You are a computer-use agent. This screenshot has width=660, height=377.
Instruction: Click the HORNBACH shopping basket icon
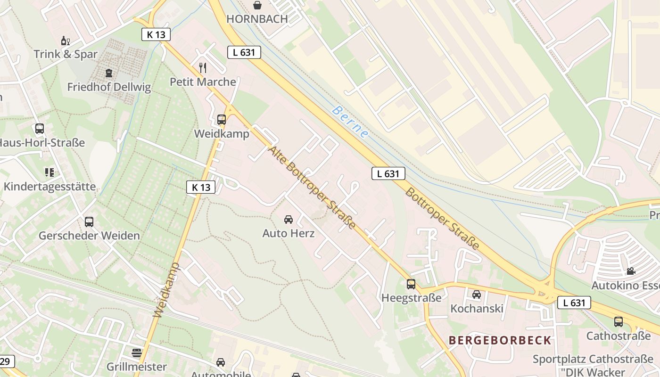[257, 5]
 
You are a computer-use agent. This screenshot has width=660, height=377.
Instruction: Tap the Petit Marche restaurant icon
[203, 67]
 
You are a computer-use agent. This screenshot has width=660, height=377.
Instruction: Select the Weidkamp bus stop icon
[222, 120]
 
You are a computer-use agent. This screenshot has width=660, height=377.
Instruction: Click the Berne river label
[350, 122]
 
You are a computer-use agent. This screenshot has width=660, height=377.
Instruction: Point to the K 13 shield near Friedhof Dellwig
[156, 34]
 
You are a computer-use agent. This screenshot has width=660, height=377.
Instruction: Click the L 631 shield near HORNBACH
[244, 52]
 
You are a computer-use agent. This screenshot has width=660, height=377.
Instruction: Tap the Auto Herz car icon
[288, 220]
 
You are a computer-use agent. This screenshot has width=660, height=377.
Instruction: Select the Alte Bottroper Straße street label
[312, 188]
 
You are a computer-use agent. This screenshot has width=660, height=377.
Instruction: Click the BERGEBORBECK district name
[500, 340]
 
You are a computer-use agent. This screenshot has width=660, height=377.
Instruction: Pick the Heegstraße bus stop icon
[411, 284]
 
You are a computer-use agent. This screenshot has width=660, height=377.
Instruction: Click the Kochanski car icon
[477, 295]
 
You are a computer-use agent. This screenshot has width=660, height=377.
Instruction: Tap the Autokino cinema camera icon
[631, 271]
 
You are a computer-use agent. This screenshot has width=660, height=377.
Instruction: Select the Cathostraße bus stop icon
[618, 322]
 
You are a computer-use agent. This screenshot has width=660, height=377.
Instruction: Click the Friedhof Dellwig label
[109, 87]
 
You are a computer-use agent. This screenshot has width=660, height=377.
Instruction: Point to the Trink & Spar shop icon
[65, 41]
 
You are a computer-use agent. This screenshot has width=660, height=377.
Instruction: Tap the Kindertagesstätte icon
[49, 172]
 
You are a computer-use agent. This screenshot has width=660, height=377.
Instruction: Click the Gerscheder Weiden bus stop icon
[89, 222]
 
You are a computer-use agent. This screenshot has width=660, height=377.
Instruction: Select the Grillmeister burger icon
[137, 352]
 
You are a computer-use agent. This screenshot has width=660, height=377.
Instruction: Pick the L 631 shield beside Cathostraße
[574, 303]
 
